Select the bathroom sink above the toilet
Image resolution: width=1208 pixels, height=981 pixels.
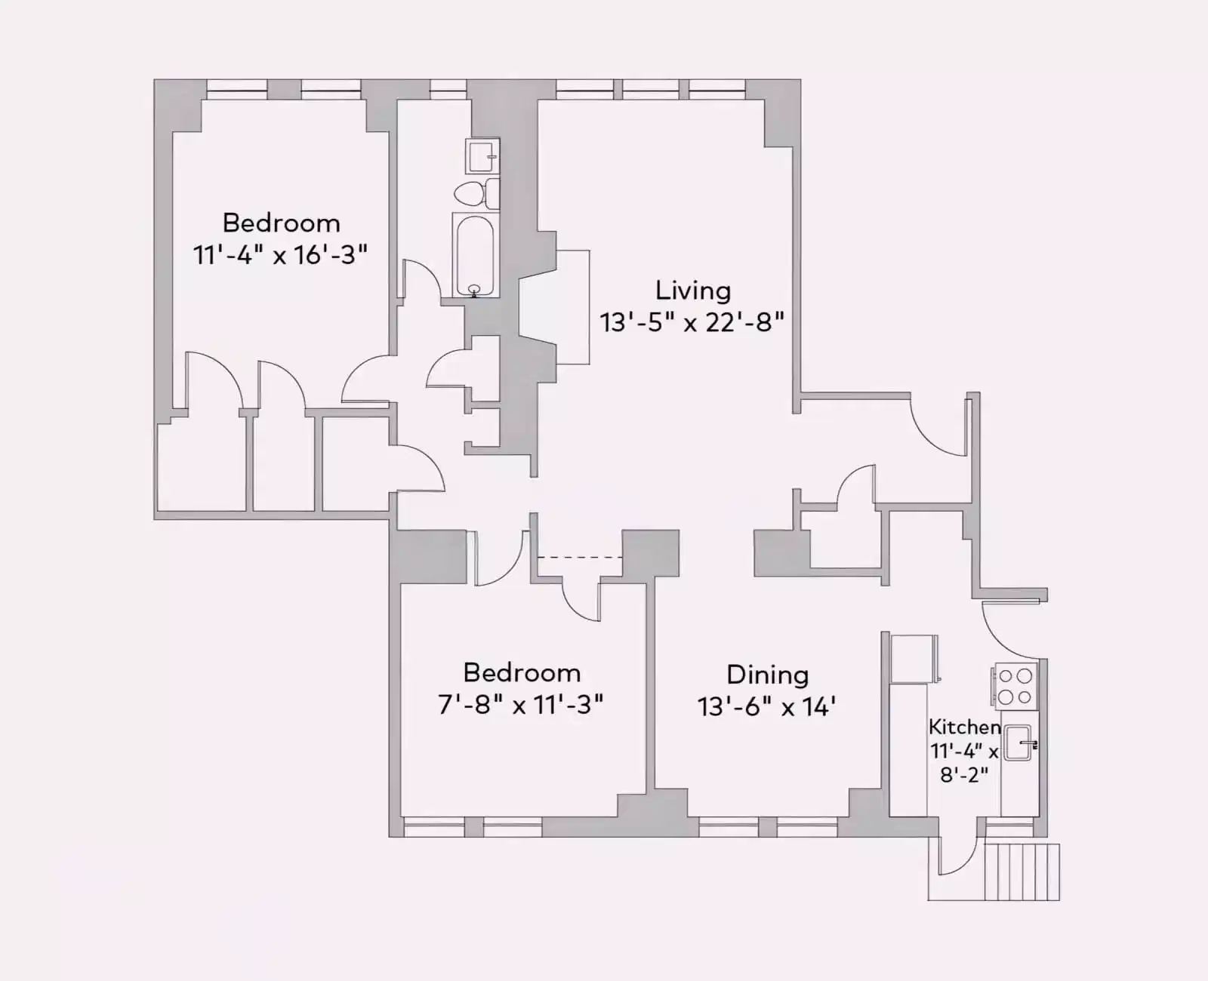pos(482,156)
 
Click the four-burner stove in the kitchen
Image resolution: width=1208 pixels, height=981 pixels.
pos(1015,686)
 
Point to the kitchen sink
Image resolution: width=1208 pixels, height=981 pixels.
pos(1018,743)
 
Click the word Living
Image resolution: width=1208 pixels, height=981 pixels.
pos(692,291)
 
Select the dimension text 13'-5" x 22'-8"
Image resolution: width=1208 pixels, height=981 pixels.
pos(692,323)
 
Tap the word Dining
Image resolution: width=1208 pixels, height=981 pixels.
pos(767,675)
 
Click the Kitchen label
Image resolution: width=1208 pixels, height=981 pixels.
pos(964,727)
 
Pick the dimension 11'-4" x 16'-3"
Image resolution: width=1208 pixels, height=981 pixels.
pos(280,255)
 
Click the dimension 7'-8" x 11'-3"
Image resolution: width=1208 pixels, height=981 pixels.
pos(521,705)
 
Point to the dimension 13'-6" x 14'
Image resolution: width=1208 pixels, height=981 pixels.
pos(766,707)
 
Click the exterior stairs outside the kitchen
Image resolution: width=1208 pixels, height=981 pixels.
pos(1022,872)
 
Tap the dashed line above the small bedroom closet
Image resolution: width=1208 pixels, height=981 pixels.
pos(579,558)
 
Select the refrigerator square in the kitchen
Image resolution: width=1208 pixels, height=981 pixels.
pos(914,659)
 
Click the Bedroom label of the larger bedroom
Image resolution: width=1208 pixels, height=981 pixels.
pos(281,223)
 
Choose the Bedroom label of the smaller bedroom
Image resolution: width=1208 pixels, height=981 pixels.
pos(522,672)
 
